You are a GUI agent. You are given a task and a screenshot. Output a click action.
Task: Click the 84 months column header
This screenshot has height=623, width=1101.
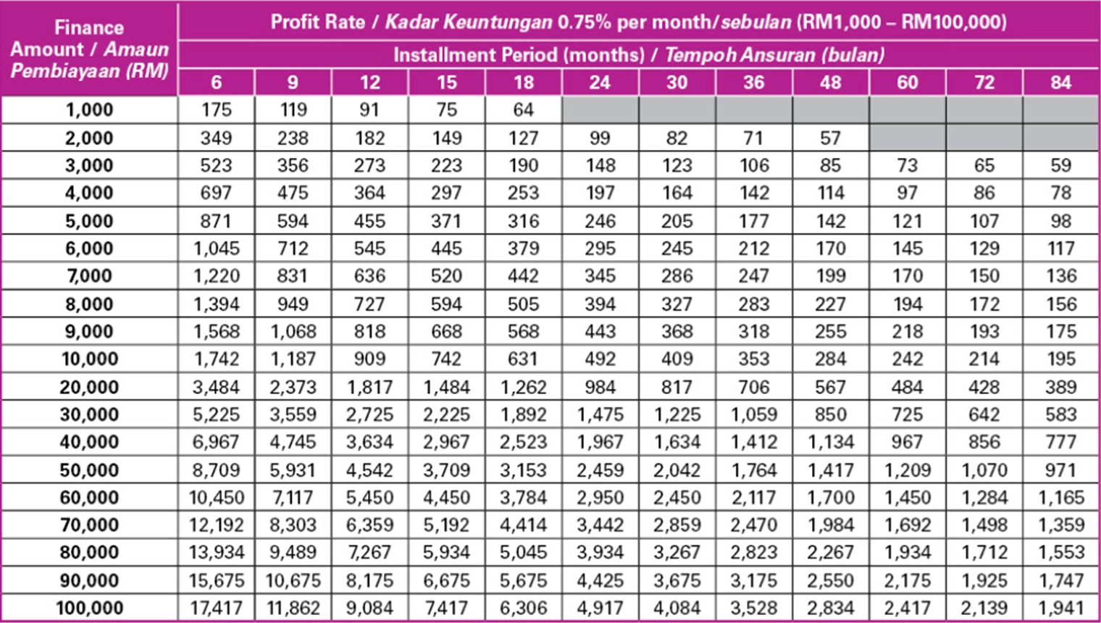click(1060, 83)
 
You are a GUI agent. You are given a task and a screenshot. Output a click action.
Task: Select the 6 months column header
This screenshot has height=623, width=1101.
click(216, 83)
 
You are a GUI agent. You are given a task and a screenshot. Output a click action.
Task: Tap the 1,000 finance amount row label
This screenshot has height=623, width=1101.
click(89, 110)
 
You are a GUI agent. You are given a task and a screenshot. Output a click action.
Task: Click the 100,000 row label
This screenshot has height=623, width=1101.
click(89, 608)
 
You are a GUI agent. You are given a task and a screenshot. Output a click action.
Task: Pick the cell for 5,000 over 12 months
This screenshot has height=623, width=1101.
click(369, 221)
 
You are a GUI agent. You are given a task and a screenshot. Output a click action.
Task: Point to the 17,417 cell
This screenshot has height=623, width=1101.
click(216, 608)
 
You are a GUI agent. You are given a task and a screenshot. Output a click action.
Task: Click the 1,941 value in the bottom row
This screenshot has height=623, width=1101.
click(1060, 608)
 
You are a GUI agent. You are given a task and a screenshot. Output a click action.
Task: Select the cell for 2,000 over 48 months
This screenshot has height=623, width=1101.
click(830, 138)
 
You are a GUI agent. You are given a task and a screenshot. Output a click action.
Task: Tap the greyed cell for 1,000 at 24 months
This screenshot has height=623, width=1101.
click(600, 110)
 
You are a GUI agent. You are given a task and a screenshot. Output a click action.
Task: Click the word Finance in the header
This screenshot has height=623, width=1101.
click(89, 28)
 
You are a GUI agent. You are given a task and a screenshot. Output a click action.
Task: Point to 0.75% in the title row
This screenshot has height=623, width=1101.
click(584, 22)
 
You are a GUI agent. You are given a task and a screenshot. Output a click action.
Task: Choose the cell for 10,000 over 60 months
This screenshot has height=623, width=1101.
click(907, 359)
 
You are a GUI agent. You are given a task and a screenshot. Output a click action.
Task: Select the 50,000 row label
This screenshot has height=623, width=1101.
click(89, 470)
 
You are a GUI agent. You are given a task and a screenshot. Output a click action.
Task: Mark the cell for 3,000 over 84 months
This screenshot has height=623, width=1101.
click(1060, 165)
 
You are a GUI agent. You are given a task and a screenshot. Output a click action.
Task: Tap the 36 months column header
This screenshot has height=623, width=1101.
click(753, 83)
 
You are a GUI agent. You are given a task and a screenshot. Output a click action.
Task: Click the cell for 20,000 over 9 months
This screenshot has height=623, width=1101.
click(293, 387)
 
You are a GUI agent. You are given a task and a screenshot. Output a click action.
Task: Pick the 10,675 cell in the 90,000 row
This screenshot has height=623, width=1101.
click(293, 580)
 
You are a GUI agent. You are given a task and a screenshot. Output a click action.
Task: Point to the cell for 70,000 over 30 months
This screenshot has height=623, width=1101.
click(677, 524)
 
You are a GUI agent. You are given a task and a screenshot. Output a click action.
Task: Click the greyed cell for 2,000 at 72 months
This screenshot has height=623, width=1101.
click(984, 138)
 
